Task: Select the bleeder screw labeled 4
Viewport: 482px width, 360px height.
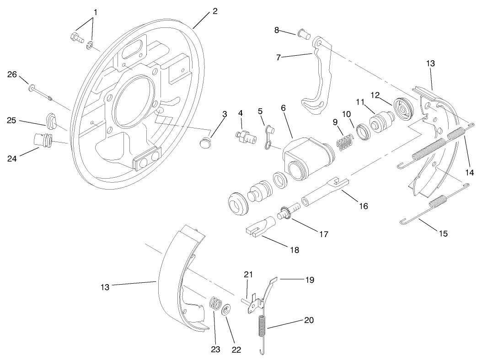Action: tap(244, 136)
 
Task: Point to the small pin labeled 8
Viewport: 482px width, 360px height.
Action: tap(302, 33)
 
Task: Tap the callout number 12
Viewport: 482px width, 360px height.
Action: tap(375, 95)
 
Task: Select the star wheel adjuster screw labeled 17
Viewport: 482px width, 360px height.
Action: tap(288, 213)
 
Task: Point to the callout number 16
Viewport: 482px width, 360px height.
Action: tap(363, 206)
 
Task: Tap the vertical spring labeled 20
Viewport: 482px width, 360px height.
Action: tap(262, 329)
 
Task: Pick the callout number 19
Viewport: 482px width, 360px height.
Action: tap(310, 280)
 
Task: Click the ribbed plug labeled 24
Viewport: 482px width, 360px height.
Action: tap(43, 139)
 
